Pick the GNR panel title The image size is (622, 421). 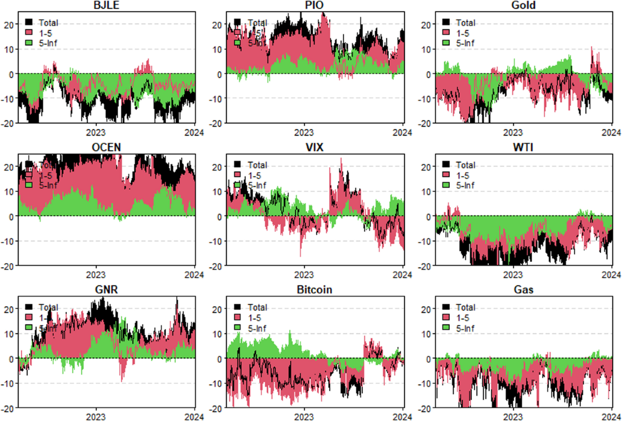(106, 289)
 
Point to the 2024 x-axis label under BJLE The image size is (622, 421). (194, 132)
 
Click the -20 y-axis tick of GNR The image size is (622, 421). (8, 408)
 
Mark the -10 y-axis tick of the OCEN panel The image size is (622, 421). (8, 241)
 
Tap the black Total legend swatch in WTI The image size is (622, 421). (447, 165)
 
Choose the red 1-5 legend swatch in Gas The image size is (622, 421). (447, 317)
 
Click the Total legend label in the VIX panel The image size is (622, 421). (257, 165)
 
